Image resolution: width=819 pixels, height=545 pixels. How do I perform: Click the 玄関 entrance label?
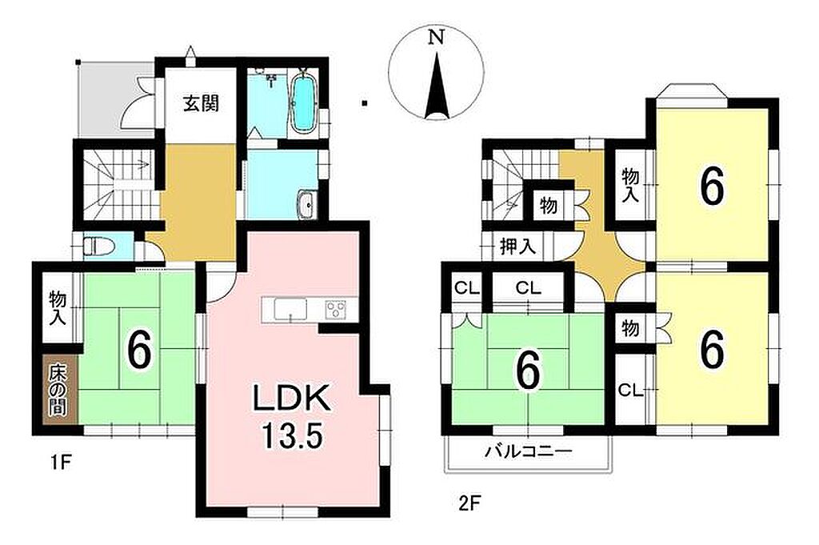coord(201,104)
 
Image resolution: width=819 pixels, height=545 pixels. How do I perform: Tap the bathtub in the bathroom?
coord(302,105)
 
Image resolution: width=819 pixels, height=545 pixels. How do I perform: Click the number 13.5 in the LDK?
coord(290,436)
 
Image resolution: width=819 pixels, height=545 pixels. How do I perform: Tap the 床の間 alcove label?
coord(58,391)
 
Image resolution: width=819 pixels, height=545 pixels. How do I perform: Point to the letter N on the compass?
coord(436,37)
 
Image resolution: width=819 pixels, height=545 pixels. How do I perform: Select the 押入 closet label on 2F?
coord(517,246)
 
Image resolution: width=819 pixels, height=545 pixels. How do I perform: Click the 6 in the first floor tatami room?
coord(139,351)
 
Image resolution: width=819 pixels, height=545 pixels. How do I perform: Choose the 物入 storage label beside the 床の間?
coord(58,308)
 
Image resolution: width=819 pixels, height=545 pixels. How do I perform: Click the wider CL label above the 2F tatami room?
coord(528,288)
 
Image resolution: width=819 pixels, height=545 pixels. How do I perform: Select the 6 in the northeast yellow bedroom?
coord(713,186)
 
